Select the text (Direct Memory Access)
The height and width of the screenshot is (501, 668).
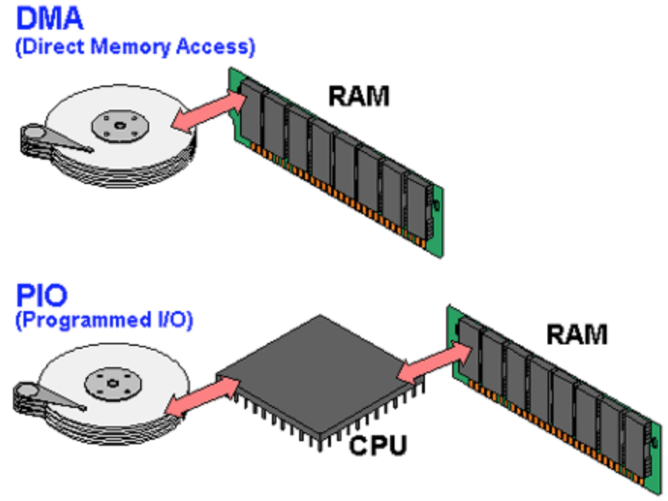[x=135, y=47]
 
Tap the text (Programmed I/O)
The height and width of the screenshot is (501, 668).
[x=104, y=319]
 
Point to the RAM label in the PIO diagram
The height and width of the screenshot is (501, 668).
[x=576, y=333]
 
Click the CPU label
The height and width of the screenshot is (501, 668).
[x=377, y=444]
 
